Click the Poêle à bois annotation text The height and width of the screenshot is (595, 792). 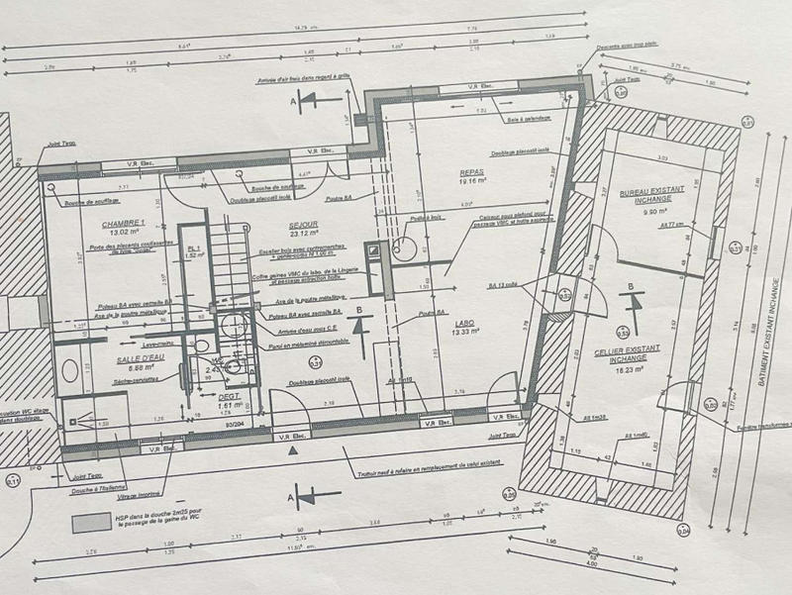tap(423, 218)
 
